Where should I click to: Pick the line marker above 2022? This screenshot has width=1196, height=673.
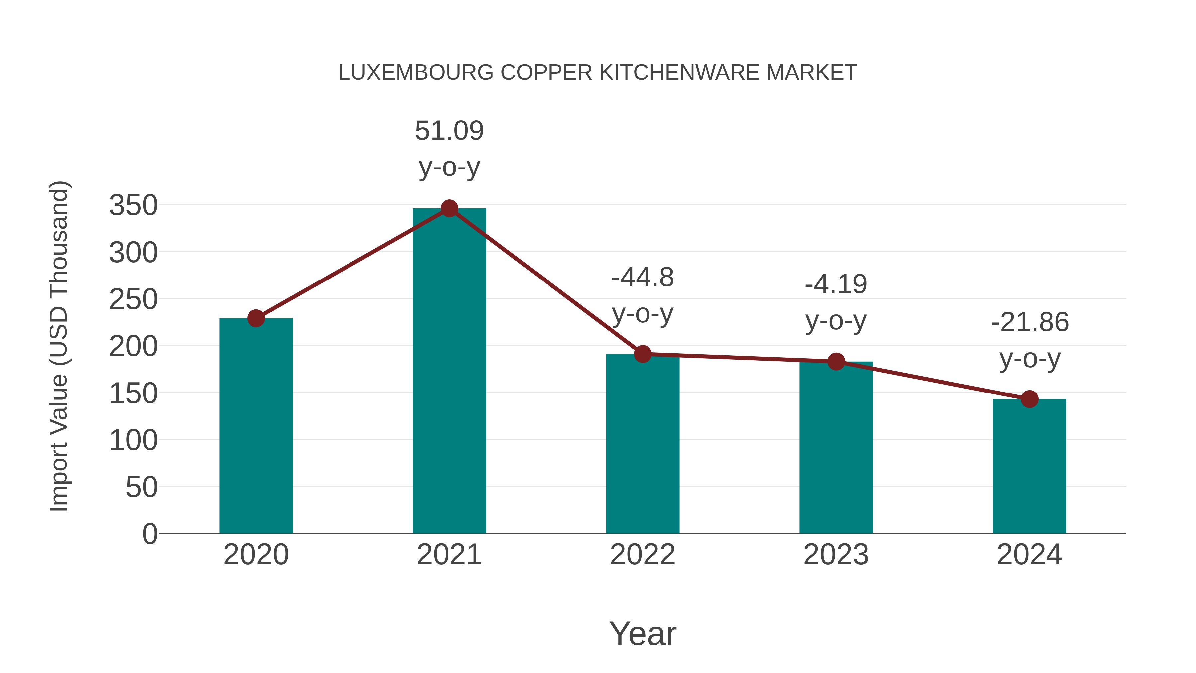pos(643,354)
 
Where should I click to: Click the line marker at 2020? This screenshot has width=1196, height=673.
pos(256,319)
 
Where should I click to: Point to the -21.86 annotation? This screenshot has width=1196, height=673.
pos(1029,340)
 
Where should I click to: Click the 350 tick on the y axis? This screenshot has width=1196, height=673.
pos(133,205)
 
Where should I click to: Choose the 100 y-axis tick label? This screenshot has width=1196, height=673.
pos(133,440)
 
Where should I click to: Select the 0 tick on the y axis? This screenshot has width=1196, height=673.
pos(149,534)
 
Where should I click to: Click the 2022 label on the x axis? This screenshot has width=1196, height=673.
pos(643,555)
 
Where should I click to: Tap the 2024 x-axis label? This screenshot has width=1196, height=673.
pos(1029,555)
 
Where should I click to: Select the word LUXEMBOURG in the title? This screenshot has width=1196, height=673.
pos(416,73)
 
